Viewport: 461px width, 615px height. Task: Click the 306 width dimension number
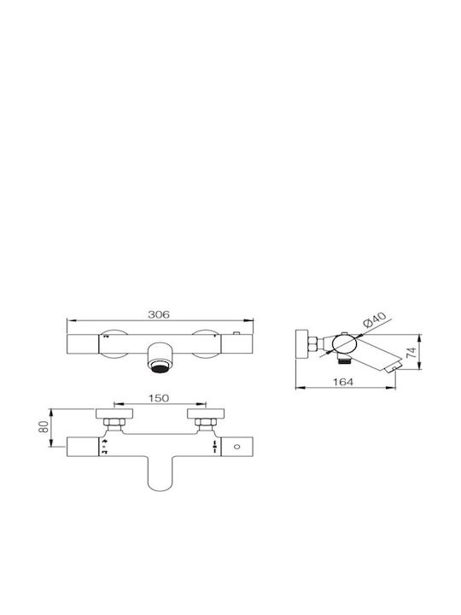(x=159, y=314)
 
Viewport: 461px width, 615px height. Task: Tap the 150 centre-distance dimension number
(x=159, y=398)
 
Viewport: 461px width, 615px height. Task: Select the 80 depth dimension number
(x=45, y=427)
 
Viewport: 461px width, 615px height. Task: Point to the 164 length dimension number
(x=343, y=382)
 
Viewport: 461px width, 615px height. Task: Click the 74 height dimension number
(x=411, y=353)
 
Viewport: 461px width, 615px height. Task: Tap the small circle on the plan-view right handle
(x=236, y=447)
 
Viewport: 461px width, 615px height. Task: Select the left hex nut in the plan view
(x=114, y=423)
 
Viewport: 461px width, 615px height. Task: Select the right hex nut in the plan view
(x=206, y=423)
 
